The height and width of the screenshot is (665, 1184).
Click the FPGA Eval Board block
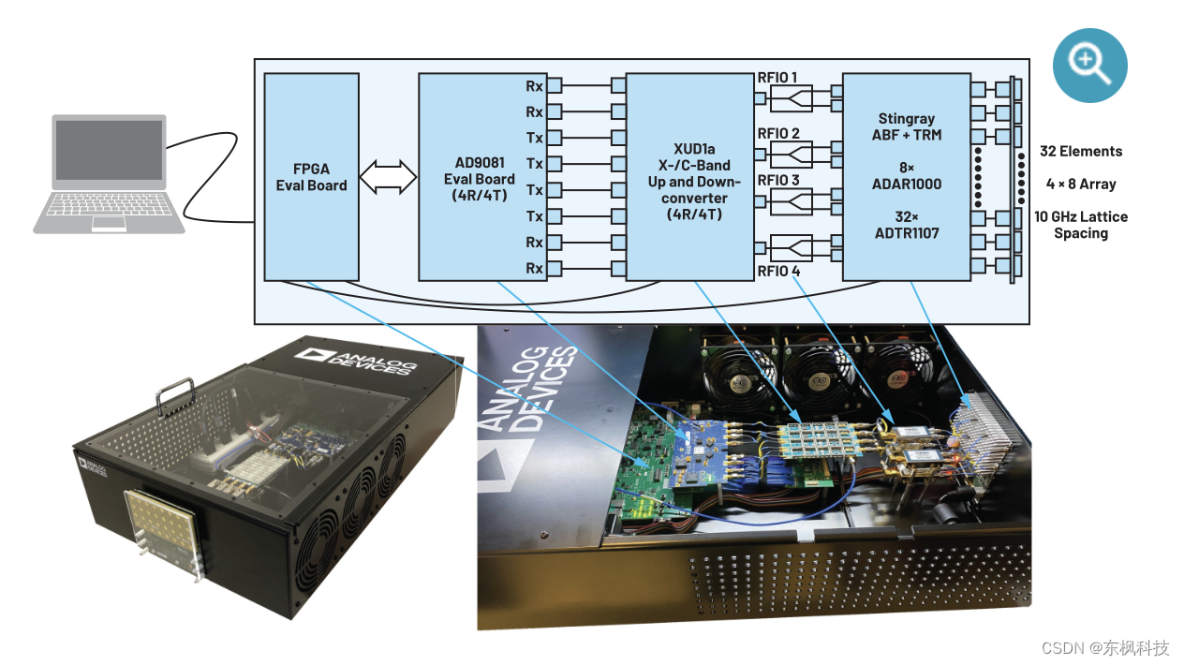(x=311, y=176)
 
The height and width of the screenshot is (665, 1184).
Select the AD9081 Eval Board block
(x=479, y=176)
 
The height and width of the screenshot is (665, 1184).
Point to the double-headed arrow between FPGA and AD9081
(x=389, y=176)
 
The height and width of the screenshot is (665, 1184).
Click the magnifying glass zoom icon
(x=1089, y=65)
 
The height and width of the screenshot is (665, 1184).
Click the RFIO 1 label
(x=778, y=77)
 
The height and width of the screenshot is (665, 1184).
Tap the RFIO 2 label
(x=778, y=133)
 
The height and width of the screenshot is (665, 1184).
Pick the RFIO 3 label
(x=778, y=180)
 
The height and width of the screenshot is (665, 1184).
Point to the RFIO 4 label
(x=778, y=272)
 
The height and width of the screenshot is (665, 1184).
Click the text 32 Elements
(x=1080, y=151)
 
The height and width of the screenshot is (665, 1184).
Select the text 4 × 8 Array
(x=1080, y=184)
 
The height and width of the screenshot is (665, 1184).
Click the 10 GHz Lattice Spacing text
(x=1080, y=225)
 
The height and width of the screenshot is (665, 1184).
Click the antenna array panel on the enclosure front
(x=161, y=531)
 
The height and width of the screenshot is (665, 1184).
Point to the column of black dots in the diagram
(x=979, y=177)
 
